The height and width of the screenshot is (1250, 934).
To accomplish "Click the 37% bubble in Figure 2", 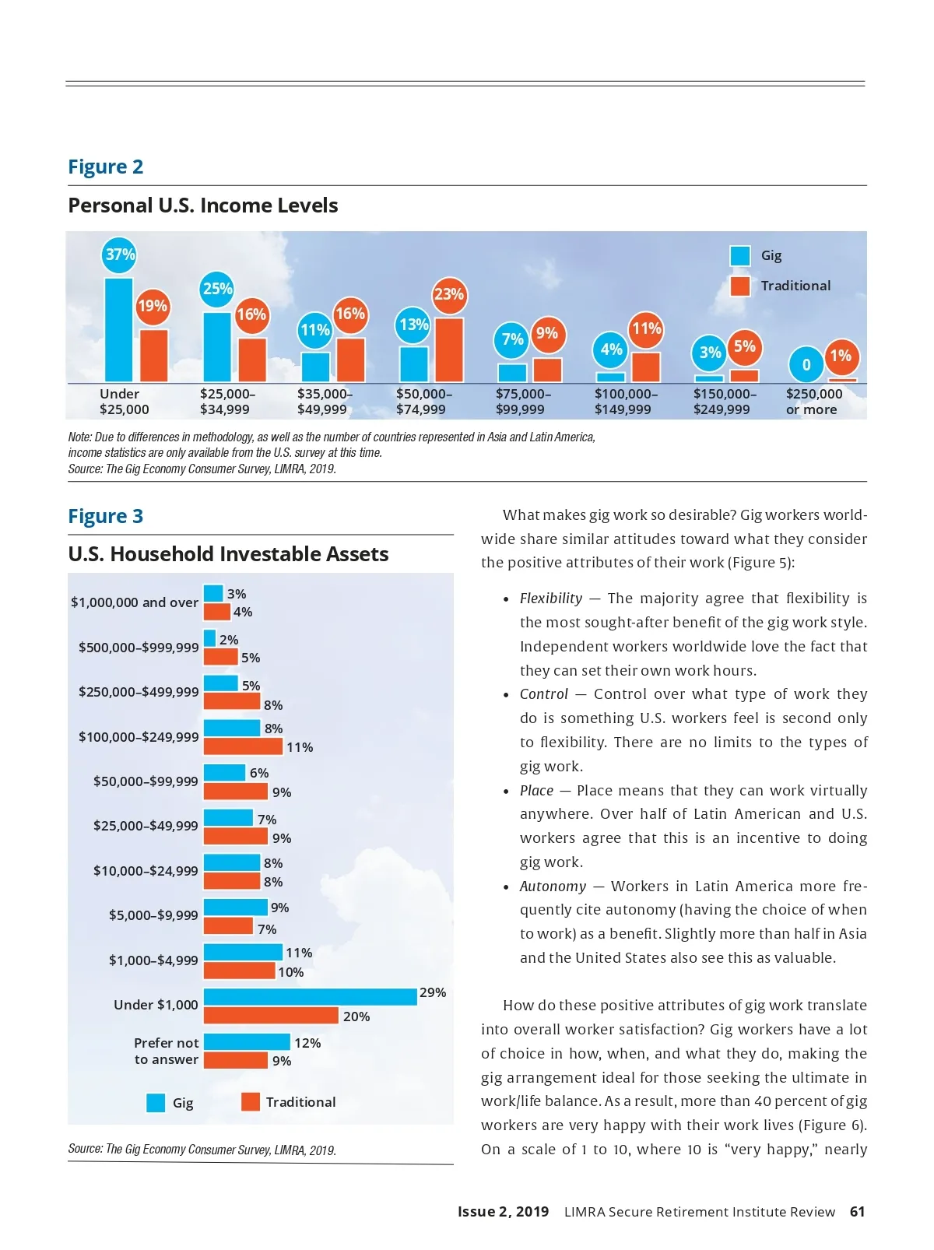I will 120,255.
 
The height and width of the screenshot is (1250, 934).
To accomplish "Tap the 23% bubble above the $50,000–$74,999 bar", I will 449,294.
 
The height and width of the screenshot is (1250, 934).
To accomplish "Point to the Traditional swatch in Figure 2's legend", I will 740,286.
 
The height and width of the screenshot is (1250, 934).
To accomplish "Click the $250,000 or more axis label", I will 813,402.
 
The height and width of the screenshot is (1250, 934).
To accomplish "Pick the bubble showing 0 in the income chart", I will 806,364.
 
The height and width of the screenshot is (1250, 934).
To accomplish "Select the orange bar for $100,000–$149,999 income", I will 645,367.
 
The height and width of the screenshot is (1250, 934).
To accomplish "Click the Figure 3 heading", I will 106,516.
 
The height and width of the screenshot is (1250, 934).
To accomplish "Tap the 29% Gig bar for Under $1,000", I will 310,997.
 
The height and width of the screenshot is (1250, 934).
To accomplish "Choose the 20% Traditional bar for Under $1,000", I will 271,1016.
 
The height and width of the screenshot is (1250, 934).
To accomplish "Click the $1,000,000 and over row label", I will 135,602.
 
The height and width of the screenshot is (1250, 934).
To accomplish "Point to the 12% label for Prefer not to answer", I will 307,1043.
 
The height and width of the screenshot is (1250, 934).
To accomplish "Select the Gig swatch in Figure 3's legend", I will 156,1103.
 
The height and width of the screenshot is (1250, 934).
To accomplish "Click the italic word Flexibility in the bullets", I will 551,599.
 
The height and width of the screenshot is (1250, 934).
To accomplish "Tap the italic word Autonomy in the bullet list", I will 553,887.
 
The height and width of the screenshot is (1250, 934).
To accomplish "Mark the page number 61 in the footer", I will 857,1212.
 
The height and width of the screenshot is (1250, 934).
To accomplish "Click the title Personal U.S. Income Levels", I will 203,205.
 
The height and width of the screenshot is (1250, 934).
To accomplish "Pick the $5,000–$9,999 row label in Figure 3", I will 153,915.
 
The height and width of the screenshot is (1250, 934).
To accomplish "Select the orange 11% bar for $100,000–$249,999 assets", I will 243,746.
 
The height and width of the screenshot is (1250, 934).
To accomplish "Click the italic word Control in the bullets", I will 544,694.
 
